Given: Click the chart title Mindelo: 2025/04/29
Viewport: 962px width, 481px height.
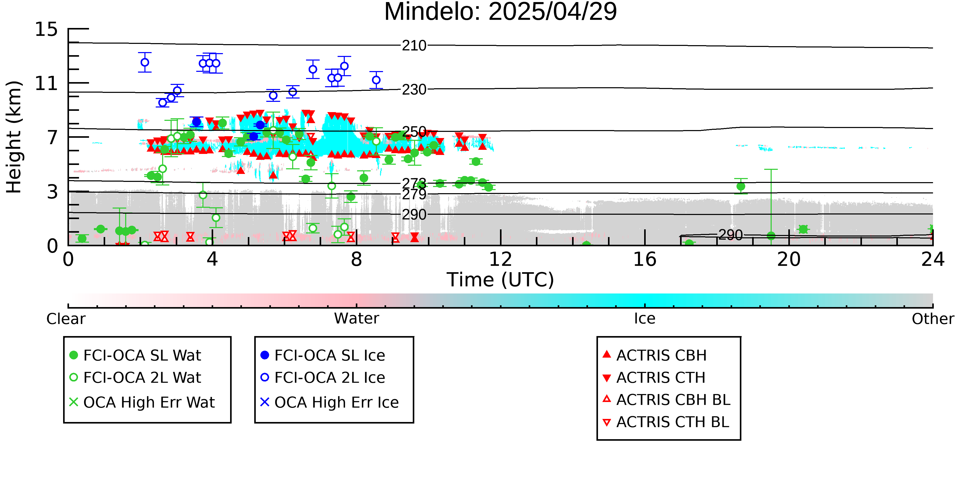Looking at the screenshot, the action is pos(500,12).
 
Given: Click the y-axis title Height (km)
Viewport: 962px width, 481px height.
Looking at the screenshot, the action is pos(14,137).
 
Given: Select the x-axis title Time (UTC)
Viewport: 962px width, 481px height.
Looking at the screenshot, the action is pos(500,280).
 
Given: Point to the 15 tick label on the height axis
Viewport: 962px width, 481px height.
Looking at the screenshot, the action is pos(46,29).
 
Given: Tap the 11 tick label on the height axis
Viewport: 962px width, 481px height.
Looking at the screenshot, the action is pos(46,83).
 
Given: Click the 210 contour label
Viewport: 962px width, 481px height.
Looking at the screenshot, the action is pos(414,46).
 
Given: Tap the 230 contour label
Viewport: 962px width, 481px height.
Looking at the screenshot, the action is pos(414,90).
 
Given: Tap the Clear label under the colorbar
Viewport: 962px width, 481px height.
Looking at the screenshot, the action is pos(66,319).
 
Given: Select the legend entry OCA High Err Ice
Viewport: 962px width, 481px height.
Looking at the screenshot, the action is pos(329,402).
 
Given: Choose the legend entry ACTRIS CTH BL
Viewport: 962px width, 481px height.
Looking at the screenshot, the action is pos(666,422).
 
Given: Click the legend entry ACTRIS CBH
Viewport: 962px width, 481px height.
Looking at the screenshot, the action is pos(655,355).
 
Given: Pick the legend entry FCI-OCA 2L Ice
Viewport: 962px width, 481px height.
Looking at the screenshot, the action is pos(323,378).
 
